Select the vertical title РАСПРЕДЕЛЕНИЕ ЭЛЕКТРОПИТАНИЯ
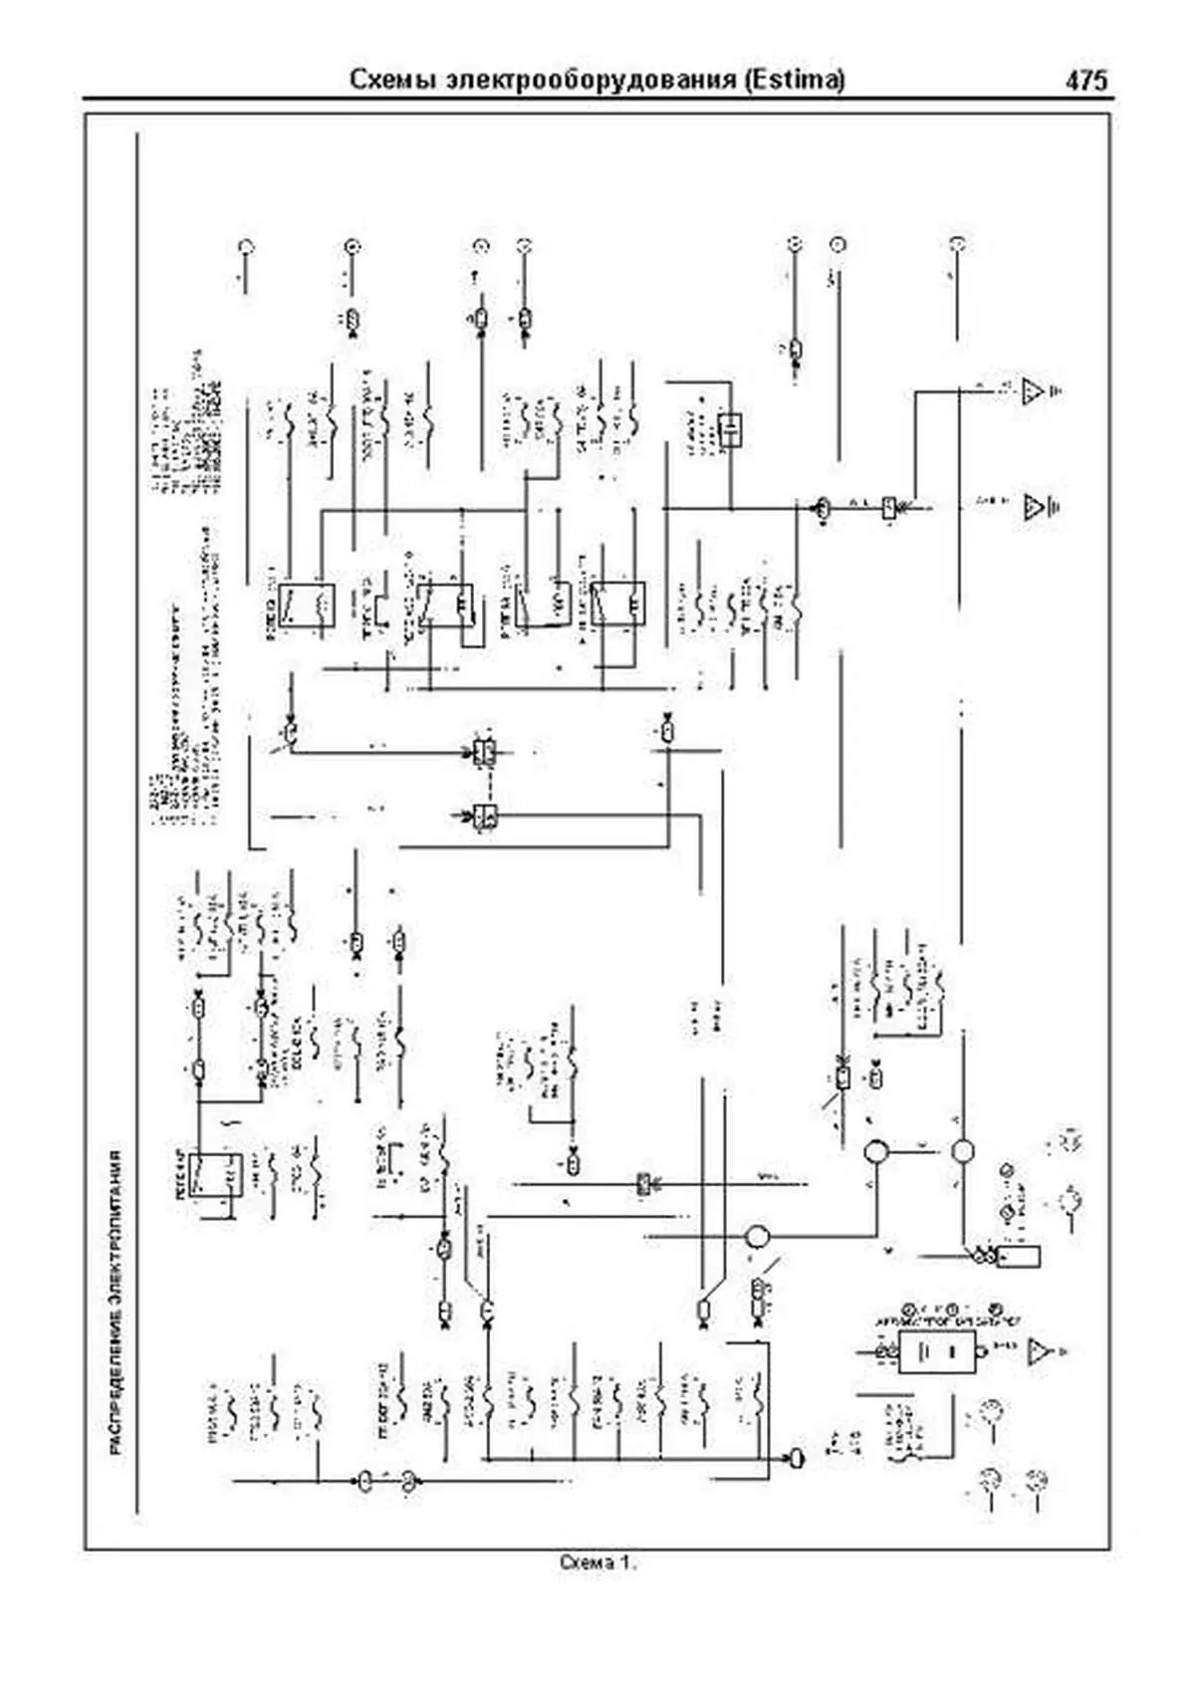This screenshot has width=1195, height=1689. (x=116, y=1306)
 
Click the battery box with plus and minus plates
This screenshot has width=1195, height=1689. (x=937, y=1351)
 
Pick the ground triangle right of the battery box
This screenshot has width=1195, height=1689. (x=1040, y=1351)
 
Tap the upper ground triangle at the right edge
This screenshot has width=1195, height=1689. (x=1033, y=391)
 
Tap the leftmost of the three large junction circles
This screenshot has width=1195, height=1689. (x=759, y=1237)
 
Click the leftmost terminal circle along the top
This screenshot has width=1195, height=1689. (x=247, y=246)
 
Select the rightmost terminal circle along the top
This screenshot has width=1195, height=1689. (x=956, y=244)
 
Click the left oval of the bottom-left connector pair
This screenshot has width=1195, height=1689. (x=363, y=1483)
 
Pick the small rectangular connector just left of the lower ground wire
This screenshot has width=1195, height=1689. (x=888, y=510)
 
